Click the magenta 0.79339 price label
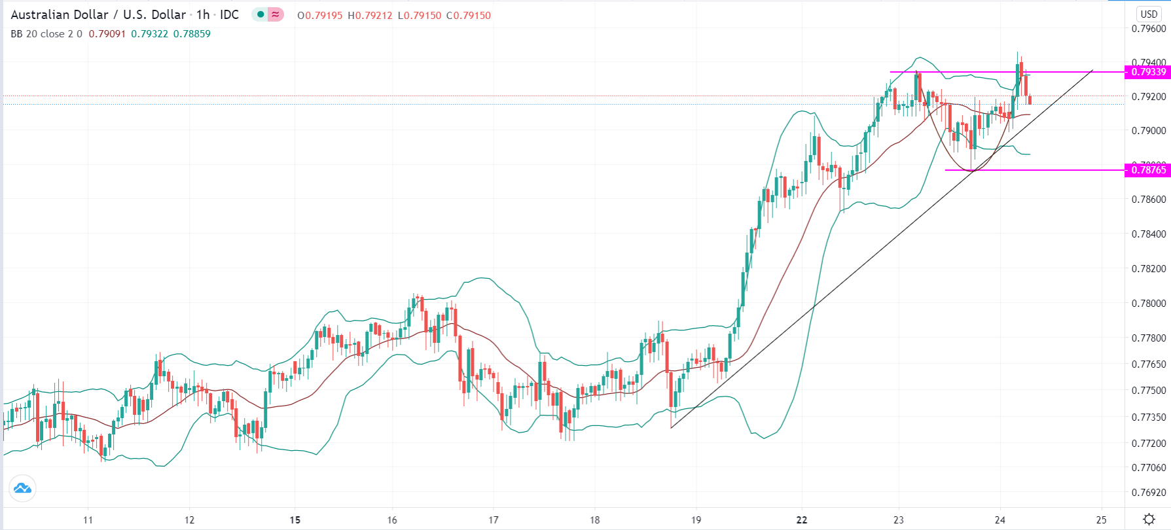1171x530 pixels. [x=1148, y=72]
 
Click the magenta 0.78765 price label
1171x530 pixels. [x=1148, y=170]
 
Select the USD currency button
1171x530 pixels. [x=1149, y=14]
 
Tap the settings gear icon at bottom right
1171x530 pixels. [x=1149, y=520]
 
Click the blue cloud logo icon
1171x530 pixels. [x=22, y=488]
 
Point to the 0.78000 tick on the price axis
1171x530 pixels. [x=1149, y=304]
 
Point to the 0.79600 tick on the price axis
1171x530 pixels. [x=1149, y=29]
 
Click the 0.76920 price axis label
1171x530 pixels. [x=1149, y=493]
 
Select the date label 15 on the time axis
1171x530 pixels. [x=295, y=520]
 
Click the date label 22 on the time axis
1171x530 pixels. [x=802, y=520]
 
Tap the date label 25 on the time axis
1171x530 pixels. [x=1102, y=520]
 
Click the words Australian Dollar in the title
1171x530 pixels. [x=60, y=14]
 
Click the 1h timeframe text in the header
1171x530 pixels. [x=203, y=14]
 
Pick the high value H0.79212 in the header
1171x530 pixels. [x=370, y=15]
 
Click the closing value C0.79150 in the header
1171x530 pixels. [x=469, y=15]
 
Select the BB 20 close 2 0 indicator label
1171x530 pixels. [x=46, y=33]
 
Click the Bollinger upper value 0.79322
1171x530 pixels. [x=149, y=33]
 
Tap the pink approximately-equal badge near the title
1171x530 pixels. [x=276, y=14]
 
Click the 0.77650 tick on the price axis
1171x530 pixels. [x=1149, y=364]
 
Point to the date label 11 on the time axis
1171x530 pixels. [x=88, y=520]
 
